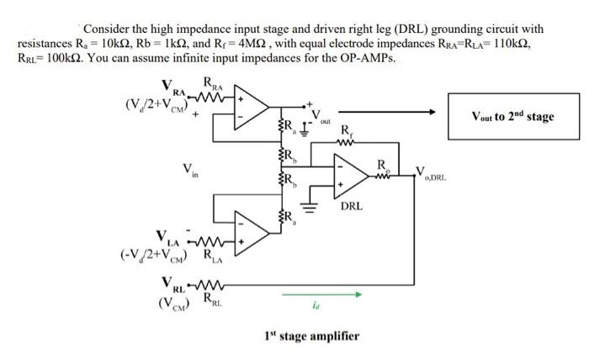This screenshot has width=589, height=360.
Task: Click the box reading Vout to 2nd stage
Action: click(x=512, y=116)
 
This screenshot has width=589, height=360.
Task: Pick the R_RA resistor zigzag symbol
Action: click(x=208, y=96)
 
